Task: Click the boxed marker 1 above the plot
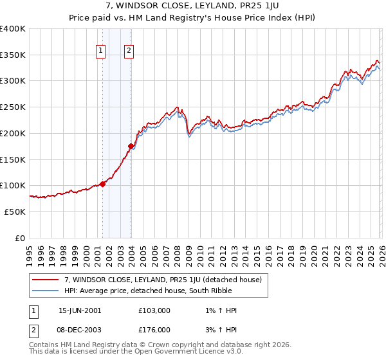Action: [x=102, y=52]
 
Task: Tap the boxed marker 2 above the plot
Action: [x=129, y=52]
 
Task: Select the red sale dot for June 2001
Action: [x=103, y=184]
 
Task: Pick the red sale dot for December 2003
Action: [x=131, y=146]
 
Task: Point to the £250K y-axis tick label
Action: [x=13, y=107]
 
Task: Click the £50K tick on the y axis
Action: [x=15, y=212]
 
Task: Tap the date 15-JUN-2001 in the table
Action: [x=80, y=310]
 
